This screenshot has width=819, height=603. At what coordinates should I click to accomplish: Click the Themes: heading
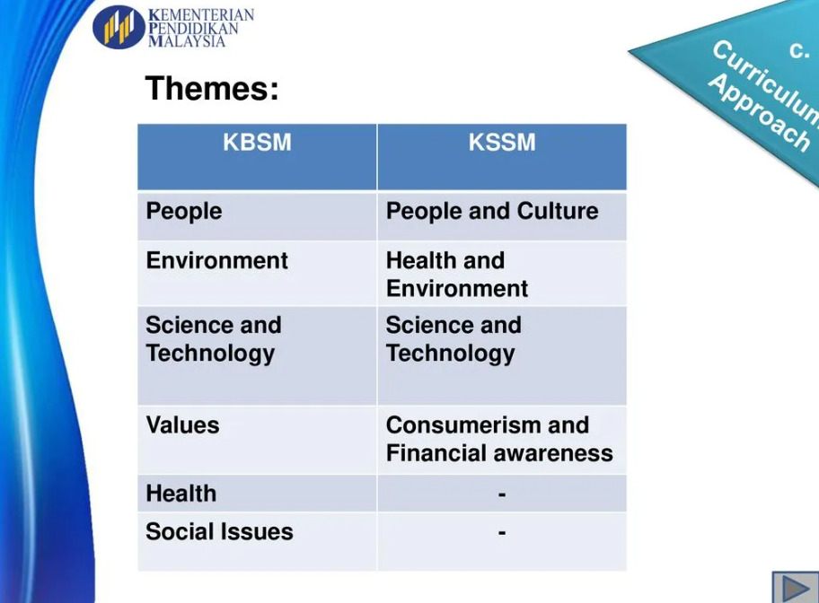click(212, 88)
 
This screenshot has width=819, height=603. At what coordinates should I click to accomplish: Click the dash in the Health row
click(502, 494)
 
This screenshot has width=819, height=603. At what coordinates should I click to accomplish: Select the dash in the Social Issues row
click(502, 533)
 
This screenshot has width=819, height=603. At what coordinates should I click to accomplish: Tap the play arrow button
click(795, 588)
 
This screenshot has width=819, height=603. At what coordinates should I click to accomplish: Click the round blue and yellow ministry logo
click(119, 27)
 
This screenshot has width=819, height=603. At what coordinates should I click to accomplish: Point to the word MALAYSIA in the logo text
click(187, 41)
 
